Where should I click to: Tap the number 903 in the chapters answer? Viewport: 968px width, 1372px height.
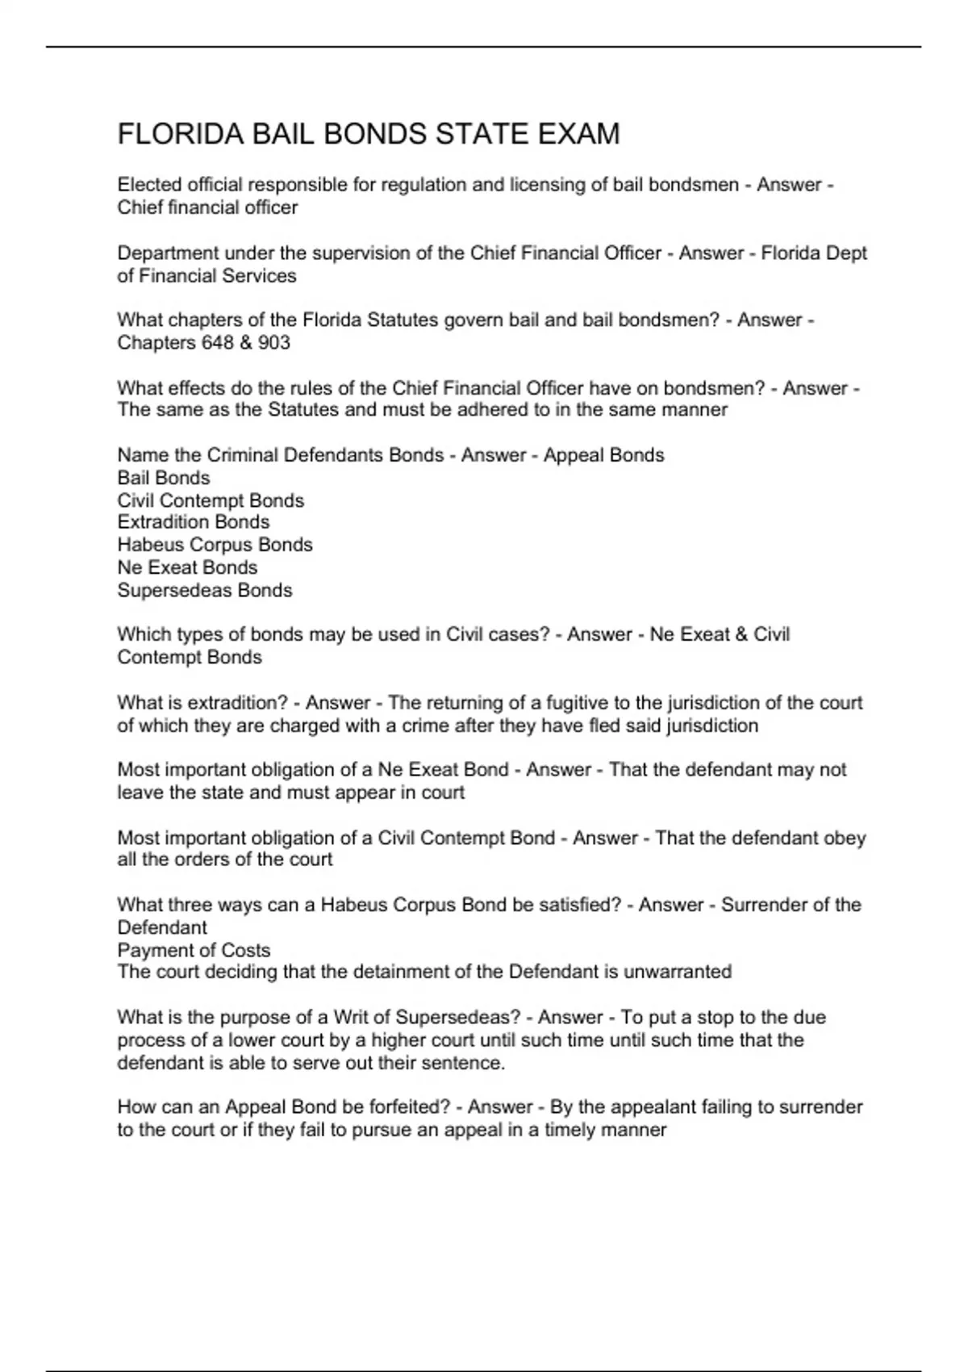(274, 343)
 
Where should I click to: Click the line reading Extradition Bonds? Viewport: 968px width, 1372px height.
(194, 522)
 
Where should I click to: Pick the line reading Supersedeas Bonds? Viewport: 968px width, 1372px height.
(205, 591)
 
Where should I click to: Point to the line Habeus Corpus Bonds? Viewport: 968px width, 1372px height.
(215, 545)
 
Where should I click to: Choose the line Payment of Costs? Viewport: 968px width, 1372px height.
(194, 951)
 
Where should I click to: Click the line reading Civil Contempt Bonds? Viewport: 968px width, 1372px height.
(211, 500)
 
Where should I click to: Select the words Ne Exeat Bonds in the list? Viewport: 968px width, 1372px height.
(187, 567)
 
